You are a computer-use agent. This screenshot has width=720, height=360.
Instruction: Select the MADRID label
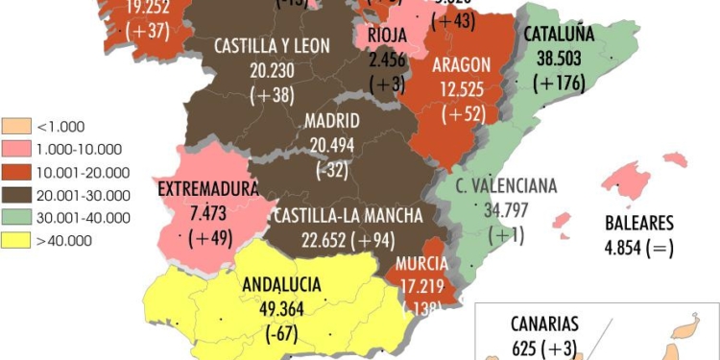332,121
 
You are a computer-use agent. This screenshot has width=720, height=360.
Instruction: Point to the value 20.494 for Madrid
333,143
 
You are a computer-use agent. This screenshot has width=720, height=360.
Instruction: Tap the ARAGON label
462,64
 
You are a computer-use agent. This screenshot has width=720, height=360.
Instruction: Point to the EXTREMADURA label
209,187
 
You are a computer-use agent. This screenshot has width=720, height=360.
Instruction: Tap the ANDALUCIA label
282,284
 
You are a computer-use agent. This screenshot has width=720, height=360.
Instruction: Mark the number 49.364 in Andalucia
282,308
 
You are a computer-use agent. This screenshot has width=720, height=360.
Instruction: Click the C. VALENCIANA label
506,186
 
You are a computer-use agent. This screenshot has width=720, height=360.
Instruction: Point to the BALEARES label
639,224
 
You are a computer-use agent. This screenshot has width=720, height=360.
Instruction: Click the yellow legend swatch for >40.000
17,240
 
